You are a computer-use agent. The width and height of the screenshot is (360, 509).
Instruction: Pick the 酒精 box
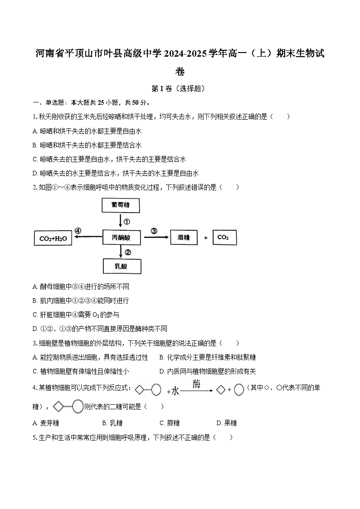coord(184,237)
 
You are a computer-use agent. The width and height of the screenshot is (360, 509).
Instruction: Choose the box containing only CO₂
coord(224,237)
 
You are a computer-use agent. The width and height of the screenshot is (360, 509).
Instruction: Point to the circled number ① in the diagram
coord(127,222)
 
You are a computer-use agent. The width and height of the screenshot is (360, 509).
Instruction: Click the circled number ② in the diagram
coord(128,252)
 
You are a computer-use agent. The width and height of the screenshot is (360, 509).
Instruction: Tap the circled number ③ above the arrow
coord(154,231)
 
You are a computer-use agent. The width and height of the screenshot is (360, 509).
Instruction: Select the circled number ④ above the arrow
coord(78,231)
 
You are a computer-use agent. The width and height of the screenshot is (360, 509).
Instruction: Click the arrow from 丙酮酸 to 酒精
coord(155,237)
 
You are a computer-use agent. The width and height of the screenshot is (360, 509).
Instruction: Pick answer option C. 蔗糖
coord(170,423)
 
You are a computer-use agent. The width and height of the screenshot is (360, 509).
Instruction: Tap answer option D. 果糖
coord(227,423)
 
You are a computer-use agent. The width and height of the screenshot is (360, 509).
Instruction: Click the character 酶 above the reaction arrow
coord(196,383)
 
